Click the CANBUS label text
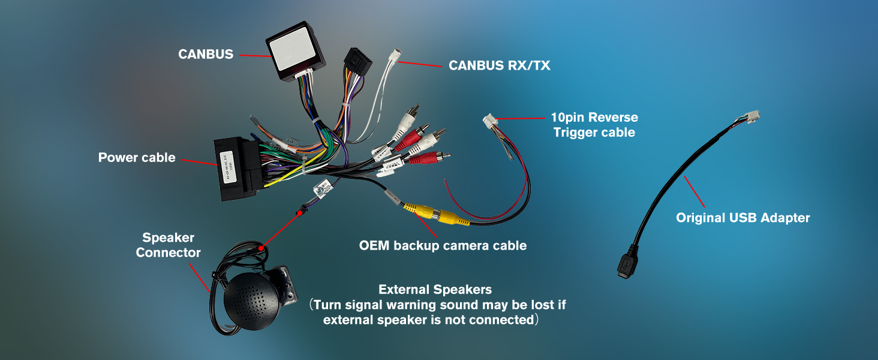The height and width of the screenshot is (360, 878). (206, 55)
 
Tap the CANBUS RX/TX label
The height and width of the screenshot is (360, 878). (500, 65)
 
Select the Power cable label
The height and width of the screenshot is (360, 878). (137, 158)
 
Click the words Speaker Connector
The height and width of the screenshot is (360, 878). (168, 245)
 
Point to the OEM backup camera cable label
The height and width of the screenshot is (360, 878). (443, 245)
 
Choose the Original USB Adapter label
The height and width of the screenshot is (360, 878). (742, 218)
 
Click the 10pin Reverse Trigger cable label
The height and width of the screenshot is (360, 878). (594, 125)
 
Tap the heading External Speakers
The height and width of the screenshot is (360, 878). (435, 290)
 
